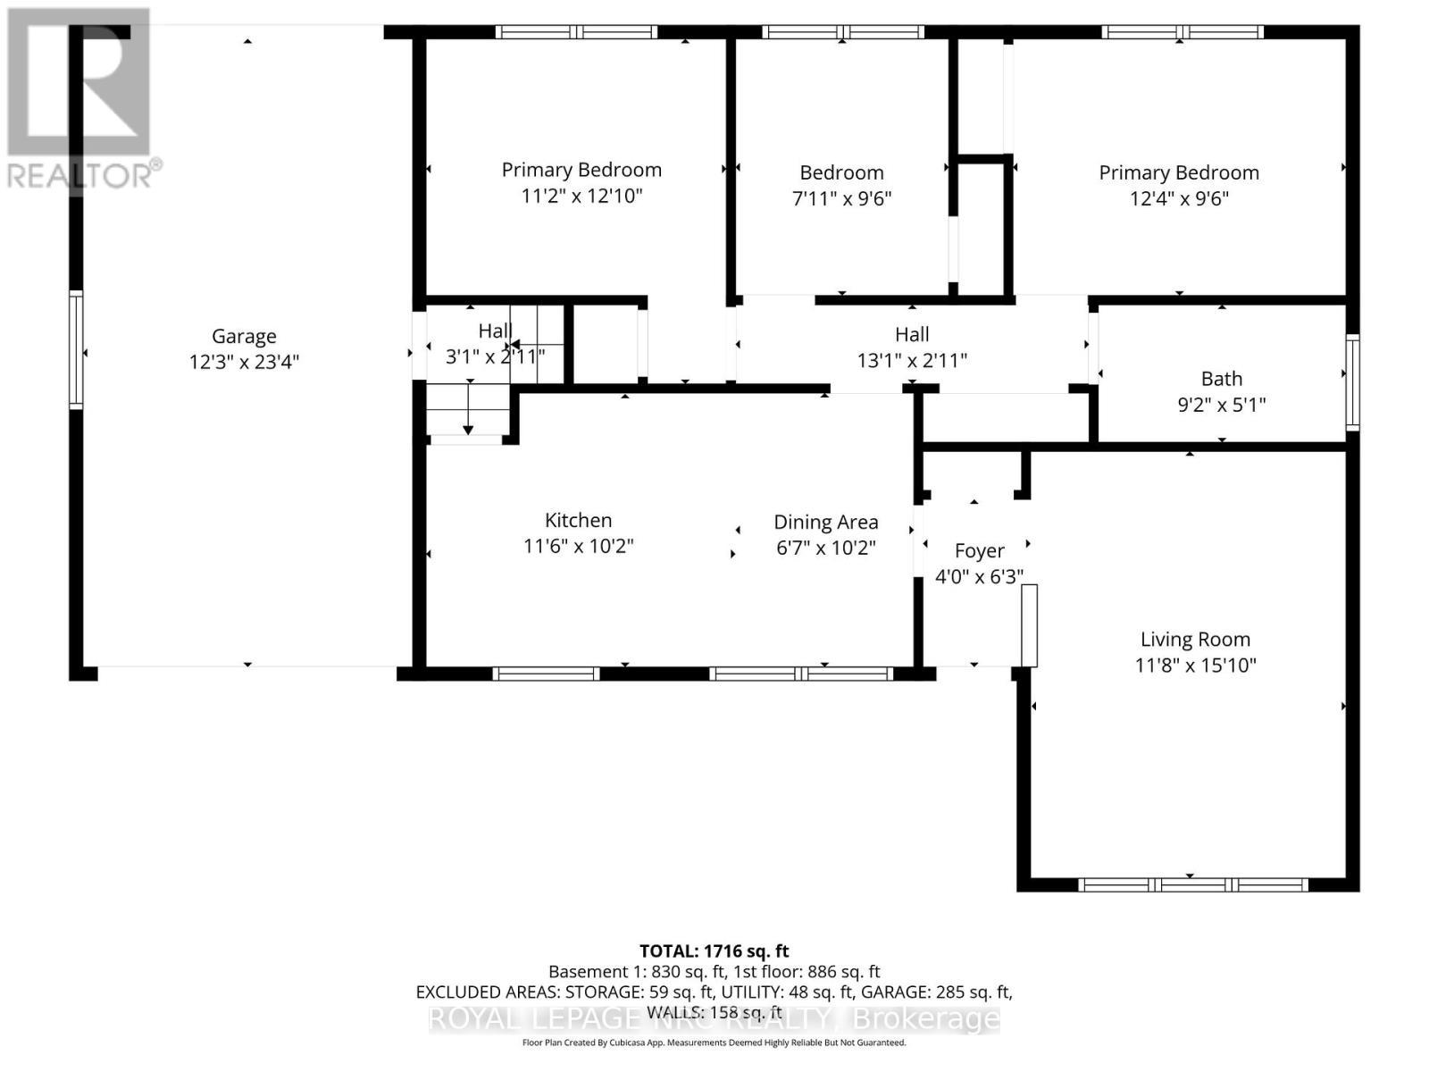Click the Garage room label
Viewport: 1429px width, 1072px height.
(x=244, y=336)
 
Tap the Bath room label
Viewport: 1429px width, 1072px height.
(x=1221, y=379)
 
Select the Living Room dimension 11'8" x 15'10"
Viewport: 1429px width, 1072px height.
(x=1195, y=666)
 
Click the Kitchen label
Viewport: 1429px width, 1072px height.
(x=578, y=520)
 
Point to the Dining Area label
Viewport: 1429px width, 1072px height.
(x=825, y=522)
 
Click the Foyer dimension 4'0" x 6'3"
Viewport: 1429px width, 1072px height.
(x=979, y=577)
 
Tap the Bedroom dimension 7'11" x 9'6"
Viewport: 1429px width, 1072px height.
(x=841, y=198)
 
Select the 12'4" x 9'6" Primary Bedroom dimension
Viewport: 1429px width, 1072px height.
(x=1179, y=198)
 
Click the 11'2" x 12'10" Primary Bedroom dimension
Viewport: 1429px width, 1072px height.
(x=581, y=196)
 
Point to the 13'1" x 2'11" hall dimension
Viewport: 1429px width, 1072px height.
(x=912, y=360)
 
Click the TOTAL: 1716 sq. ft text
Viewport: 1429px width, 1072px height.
(x=714, y=951)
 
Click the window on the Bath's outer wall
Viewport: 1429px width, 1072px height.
(x=1352, y=382)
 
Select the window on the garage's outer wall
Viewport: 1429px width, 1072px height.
(x=77, y=350)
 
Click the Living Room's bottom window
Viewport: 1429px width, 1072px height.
(x=1193, y=885)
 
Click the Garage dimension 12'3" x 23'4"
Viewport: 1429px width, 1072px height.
(x=244, y=362)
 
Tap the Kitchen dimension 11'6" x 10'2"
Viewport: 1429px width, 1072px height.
(x=578, y=546)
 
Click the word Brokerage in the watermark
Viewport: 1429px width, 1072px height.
(x=925, y=1019)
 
